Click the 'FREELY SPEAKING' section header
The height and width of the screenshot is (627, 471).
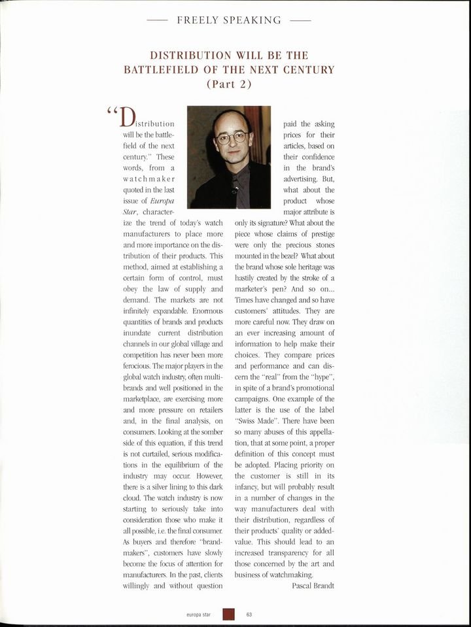coord(229,20)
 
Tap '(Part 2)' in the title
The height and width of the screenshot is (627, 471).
coord(228,84)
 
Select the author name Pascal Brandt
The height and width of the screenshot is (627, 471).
coord(313,585)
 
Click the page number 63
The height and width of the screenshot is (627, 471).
coord(249,614)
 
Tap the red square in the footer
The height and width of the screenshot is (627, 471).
coord(228,614)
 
